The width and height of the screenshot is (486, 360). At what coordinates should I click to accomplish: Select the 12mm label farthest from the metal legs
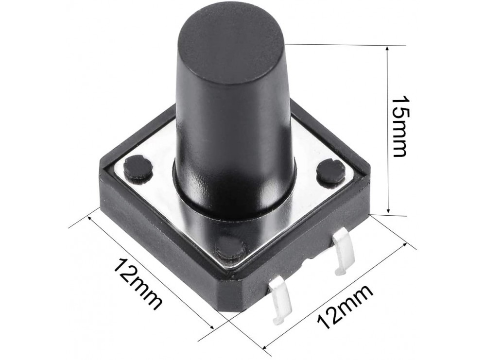[138, 283]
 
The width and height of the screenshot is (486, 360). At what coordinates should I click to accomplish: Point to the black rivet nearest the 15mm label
[331, 171]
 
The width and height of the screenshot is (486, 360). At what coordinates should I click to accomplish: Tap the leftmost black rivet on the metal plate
[138, 168]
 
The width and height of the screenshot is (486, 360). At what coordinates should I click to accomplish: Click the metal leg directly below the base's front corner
[280, 301]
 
